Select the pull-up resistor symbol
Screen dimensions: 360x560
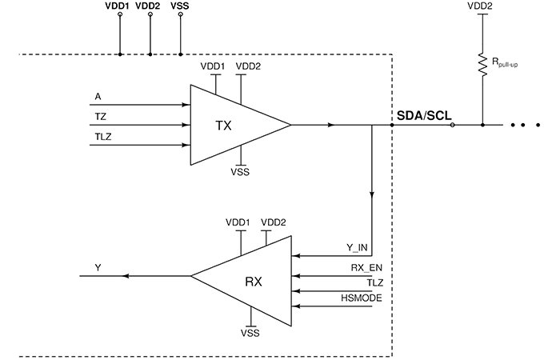tap(483, 63)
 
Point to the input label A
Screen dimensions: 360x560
tap(98, 97)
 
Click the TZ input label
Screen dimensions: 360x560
tap(99, 117)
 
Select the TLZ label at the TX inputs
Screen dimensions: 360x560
tap(102, 137)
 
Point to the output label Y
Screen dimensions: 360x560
tap(98, 267)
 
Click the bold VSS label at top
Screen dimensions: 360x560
tap(180, 6)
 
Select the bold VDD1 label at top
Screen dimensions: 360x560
tap(119, 6)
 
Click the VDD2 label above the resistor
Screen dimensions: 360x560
tap(482, 6)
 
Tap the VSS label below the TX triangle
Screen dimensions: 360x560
tap(241, 171)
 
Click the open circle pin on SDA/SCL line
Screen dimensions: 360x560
tap(453, 125)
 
